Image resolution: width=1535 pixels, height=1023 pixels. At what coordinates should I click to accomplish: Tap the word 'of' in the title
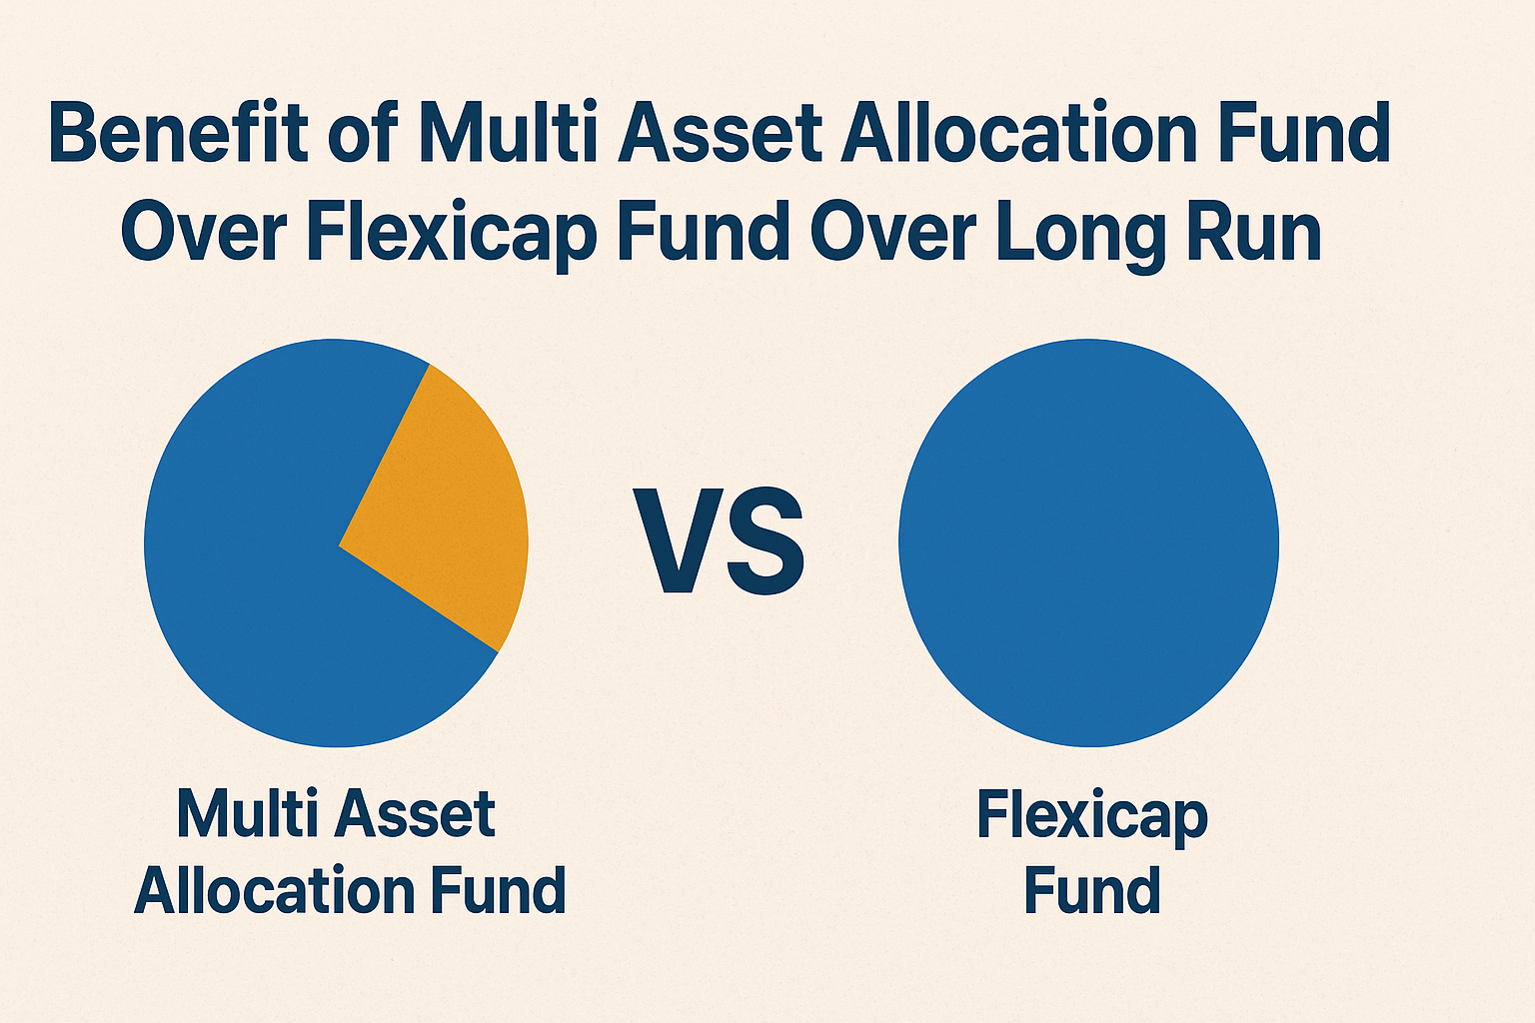364,132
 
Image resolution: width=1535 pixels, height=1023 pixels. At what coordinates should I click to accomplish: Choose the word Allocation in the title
1018,132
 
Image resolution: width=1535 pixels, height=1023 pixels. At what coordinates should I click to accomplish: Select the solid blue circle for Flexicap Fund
1089,542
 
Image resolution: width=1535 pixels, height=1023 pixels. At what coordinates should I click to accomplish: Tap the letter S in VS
767,541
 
